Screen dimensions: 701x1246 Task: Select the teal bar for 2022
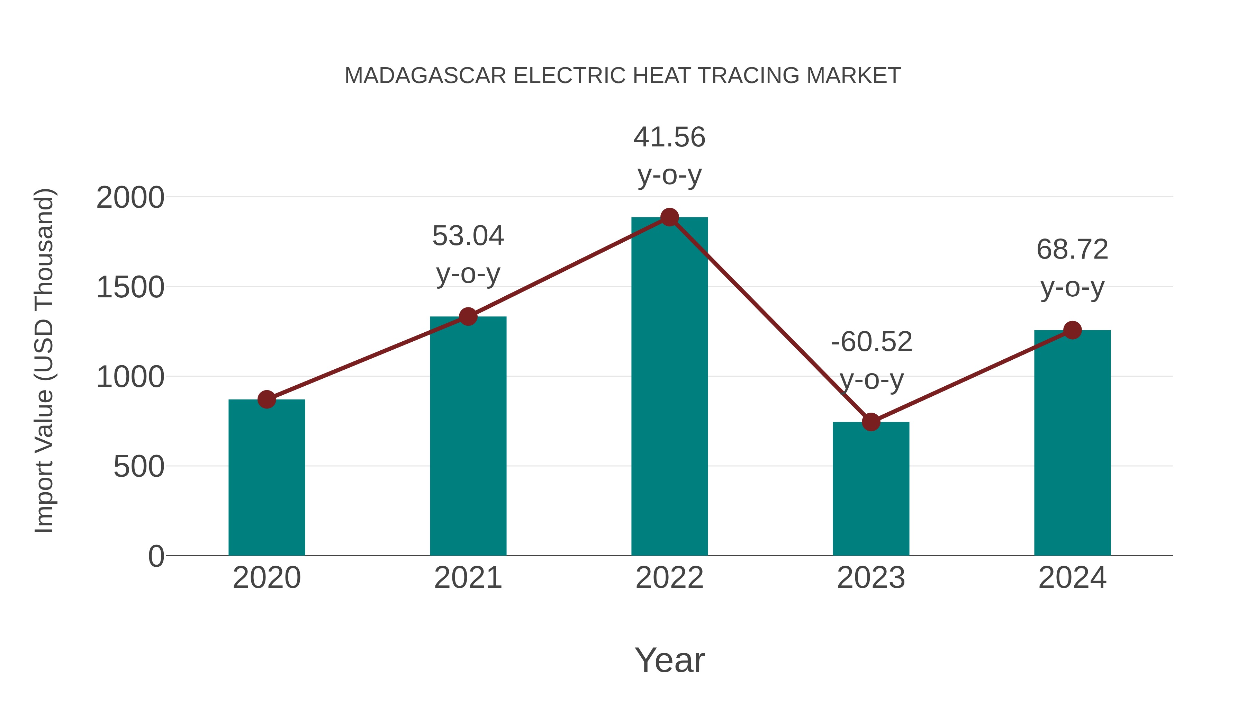(x=669, y=387)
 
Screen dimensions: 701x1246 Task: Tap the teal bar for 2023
(x=871, y=488)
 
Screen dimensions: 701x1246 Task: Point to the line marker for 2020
(x=267, y=399)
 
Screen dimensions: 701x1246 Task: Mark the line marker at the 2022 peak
(x=669, y=217)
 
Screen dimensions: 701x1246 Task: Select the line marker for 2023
(x=871, y=422)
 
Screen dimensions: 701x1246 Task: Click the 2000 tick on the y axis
(x=130, y=198)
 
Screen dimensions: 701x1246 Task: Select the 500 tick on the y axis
(x=139, y=467)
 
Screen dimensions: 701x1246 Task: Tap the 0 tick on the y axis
(x=156, y=556)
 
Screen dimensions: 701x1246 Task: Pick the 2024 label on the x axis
(x=1072, y=578)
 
